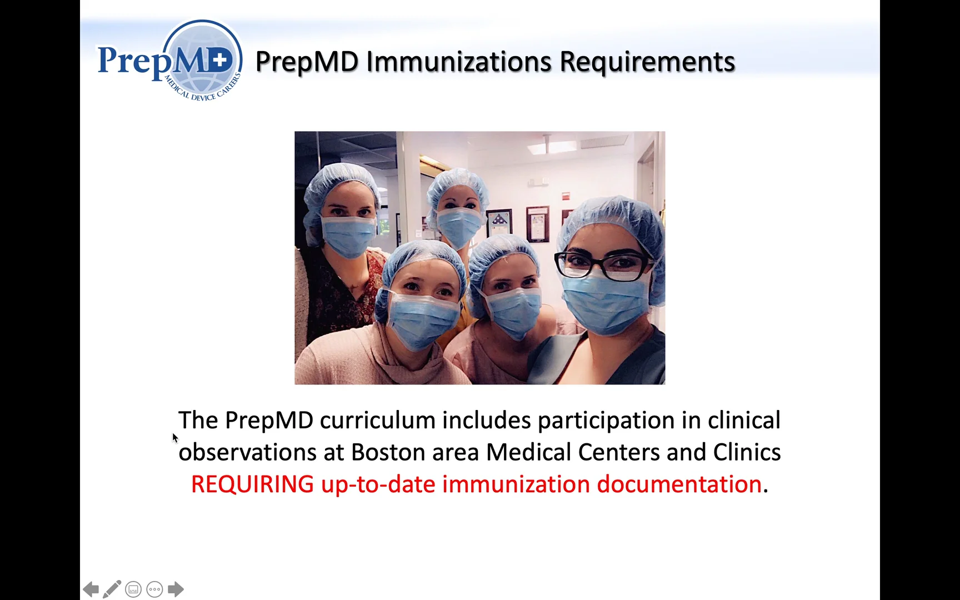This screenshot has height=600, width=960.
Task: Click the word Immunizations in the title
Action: (x=459, y=62)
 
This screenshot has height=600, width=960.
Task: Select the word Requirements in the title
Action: (x=647, y=62)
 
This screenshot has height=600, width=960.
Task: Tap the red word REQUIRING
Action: (x=252, y=484)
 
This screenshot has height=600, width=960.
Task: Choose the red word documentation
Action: (x=679, y=484)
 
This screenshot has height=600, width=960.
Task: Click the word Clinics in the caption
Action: (x=747, y=452)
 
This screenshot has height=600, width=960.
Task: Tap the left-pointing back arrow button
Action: (x=91, y=589)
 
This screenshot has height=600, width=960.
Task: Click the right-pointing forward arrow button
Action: (x=176, y=589)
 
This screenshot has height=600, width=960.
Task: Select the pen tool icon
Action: (x=112, y=589)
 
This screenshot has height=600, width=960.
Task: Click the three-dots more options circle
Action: (x=154, y=589)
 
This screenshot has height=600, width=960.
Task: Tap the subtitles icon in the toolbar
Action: (x=133, y=589)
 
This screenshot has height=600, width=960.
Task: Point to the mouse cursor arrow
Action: (x=175, y=438)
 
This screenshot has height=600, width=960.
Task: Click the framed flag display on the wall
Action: (x=499, y=223)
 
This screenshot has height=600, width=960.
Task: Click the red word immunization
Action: (x=516, y=484)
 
